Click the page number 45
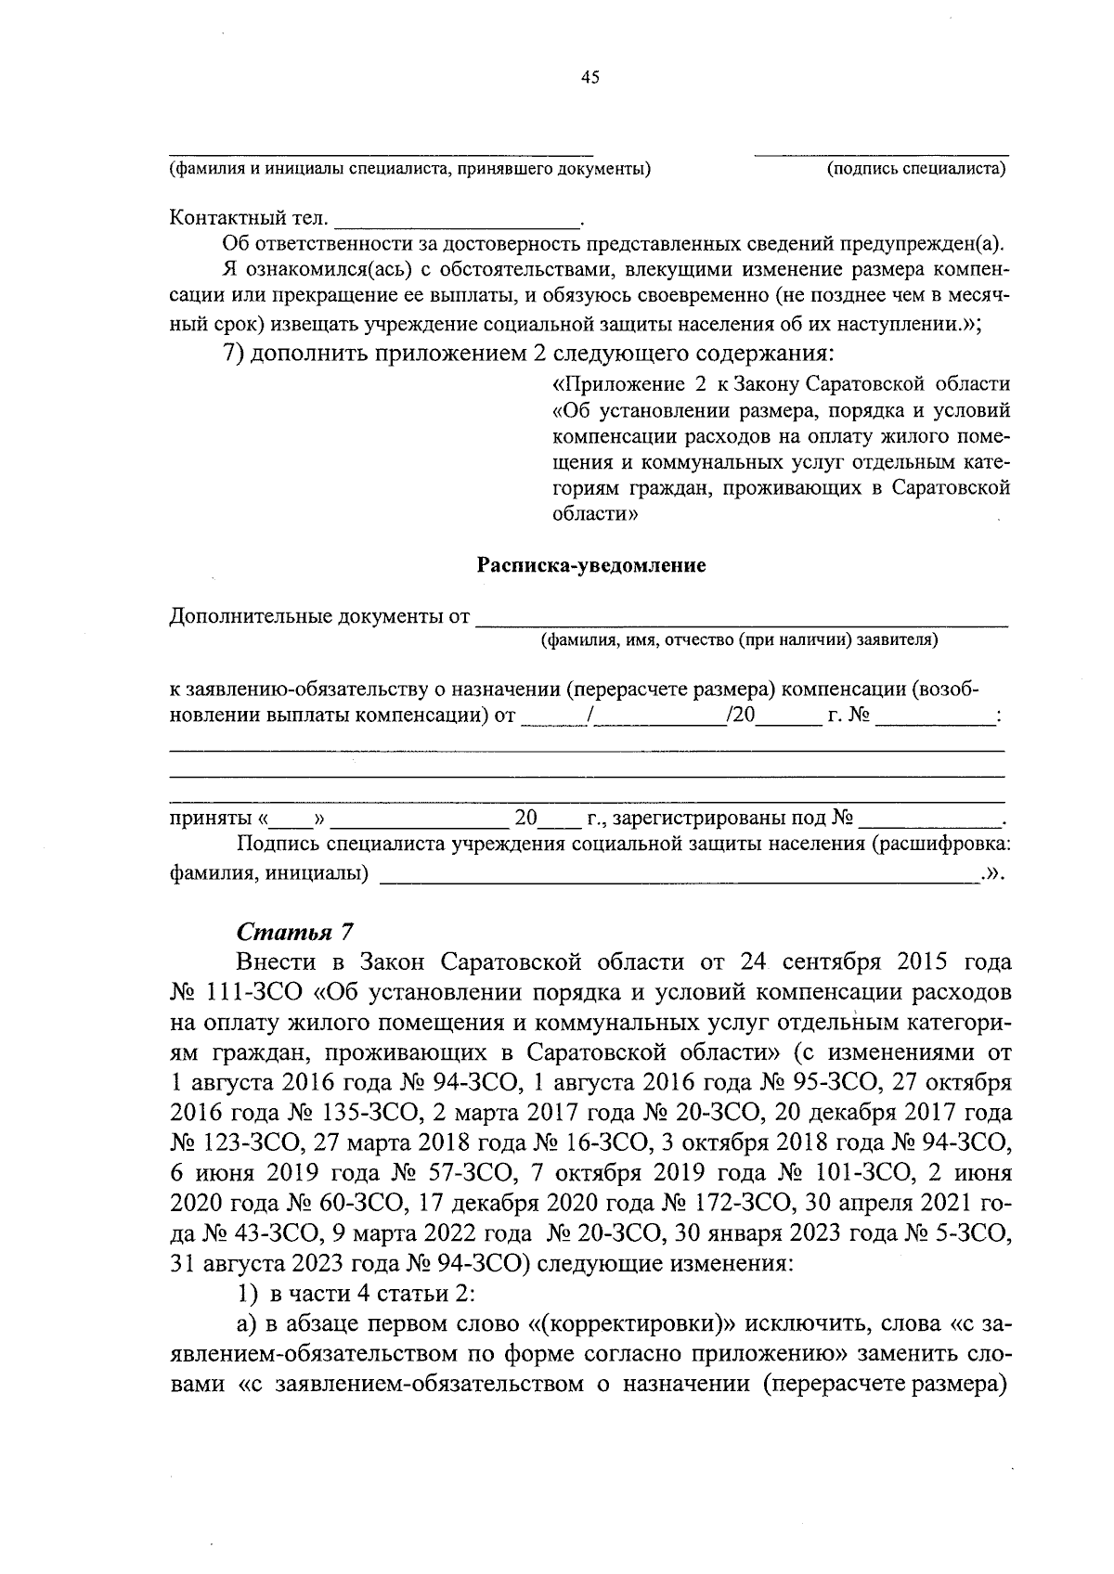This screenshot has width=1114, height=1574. click(x=590, y=78)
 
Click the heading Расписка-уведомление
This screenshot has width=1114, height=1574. click(x=590, y=565)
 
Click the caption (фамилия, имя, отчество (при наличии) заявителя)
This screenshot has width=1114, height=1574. click(x=739, y=639)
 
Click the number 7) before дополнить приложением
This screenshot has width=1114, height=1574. click(x=233, y=355)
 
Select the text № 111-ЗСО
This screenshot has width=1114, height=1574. click(x=237, y=992)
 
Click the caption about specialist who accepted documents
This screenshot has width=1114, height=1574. click(x=408, y=169)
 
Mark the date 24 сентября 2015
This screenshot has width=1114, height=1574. click(x=844, y=961)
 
